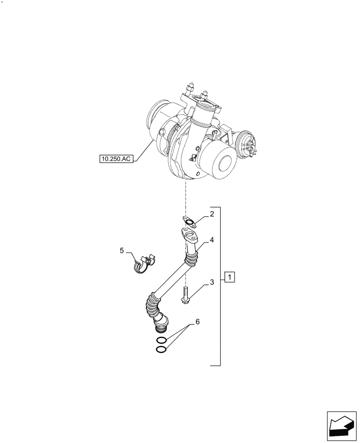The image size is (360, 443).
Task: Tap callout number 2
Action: coord(212,214)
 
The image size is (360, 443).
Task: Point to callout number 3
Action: coord(212,241)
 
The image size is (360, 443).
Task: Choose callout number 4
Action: coord(121,251)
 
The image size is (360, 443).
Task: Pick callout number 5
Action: coord(197,322)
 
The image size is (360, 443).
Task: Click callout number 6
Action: coord(197,322)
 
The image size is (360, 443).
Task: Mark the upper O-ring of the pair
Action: coord(162,340)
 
